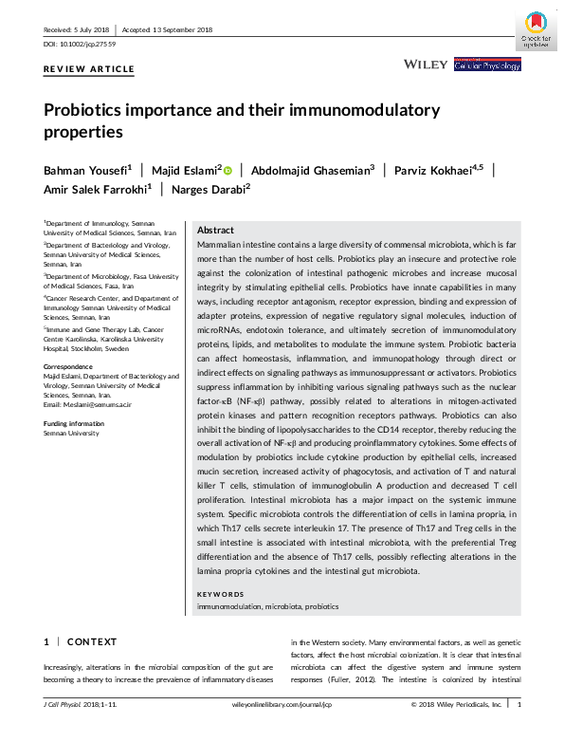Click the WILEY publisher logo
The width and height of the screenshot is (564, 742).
(x=425, y=65)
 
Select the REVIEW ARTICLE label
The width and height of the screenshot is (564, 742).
(x=89, y=69)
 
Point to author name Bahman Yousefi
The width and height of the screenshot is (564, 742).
(x=86, y=170)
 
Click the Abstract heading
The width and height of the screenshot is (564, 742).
(x=216, y=231)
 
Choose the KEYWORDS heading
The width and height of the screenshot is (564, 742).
(x=221, y=594)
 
